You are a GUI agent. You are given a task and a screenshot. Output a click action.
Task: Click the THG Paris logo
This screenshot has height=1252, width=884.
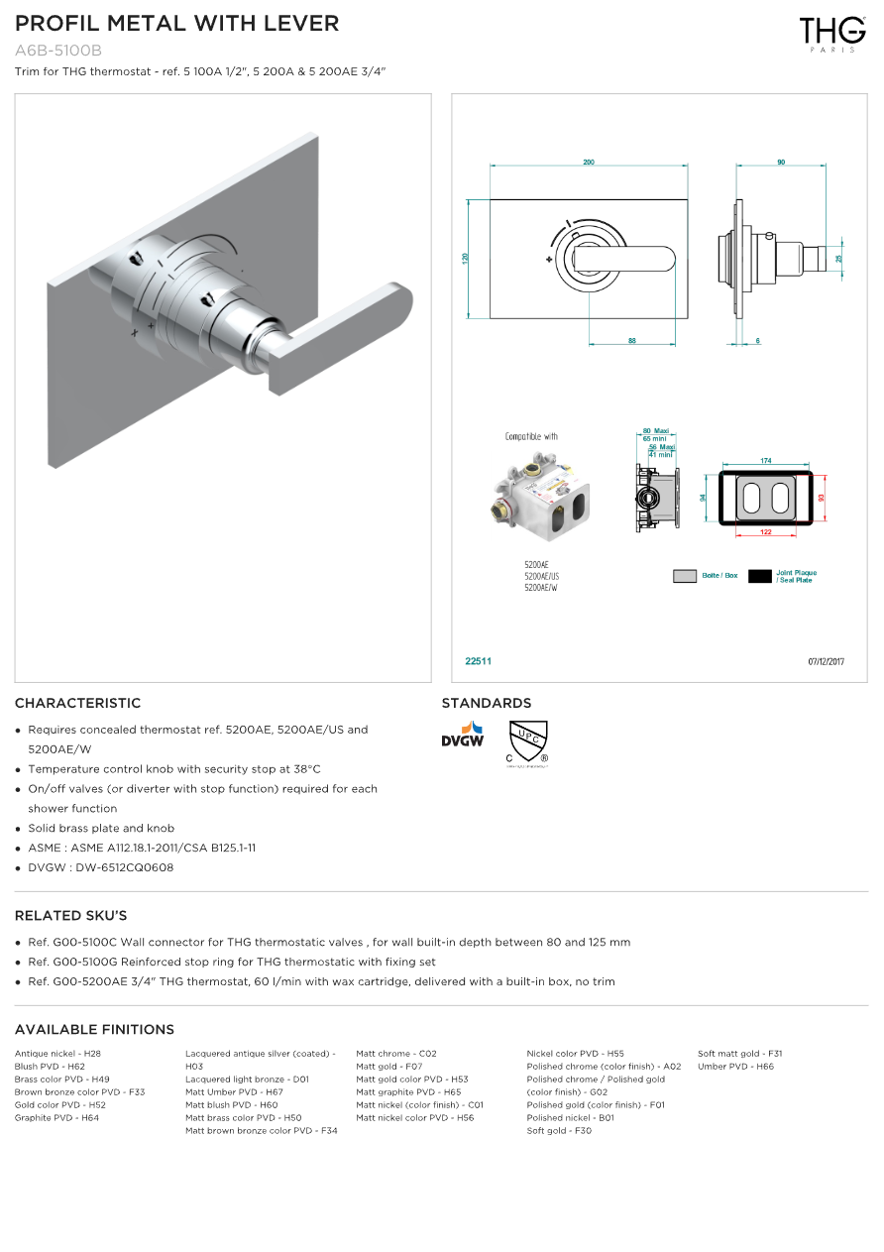point(832,33)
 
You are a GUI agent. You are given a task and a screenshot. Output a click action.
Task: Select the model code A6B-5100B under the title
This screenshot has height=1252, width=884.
point(58,51)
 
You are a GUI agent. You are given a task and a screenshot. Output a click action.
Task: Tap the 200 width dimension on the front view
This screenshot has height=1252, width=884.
point(589,163)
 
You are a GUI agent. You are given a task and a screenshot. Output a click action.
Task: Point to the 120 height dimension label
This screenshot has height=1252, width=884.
point(466,258)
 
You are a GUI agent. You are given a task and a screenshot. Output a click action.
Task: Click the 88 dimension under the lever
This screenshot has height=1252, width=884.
point(631,341)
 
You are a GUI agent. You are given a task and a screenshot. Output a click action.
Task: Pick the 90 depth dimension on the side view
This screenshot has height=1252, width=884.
point(781,163)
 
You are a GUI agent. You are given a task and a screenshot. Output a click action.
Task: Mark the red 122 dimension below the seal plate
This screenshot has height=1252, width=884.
point(765,533)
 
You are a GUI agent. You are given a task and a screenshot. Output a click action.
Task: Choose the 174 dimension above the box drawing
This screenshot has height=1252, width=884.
point(766,461)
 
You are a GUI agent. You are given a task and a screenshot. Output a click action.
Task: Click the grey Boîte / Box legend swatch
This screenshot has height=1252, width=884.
point(685,576)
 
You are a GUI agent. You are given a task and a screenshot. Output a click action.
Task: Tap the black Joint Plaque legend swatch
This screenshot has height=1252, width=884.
point(760,576)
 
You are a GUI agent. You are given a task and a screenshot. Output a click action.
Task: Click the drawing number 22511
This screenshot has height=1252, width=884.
point(479,661)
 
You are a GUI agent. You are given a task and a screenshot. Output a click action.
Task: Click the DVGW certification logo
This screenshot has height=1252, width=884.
point(463,736)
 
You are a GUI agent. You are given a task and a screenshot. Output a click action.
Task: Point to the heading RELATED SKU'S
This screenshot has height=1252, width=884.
point(71,915)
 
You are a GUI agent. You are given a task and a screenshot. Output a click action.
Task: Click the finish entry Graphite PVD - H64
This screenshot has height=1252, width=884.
point(56,1118)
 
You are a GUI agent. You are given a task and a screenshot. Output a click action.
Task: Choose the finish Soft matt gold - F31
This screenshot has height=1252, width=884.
point(739,1054)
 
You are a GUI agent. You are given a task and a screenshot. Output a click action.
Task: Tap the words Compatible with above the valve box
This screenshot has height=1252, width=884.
point(531,436)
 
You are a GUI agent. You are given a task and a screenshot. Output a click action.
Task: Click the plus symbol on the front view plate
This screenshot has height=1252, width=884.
point(548,260)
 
